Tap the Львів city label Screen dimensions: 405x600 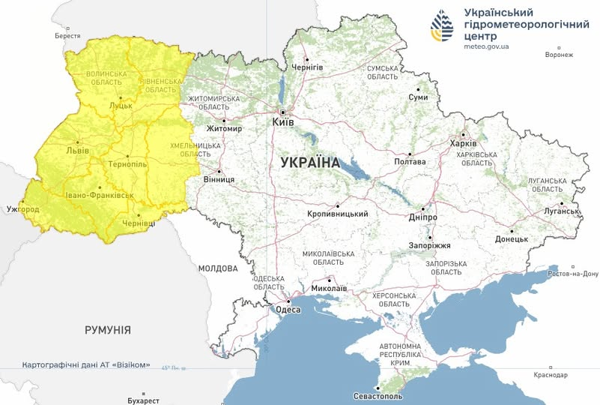pyautogui.click(x=78, y=149)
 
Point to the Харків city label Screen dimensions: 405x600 pyautogui.click(x=462, y=143)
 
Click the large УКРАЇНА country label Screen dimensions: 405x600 pyautogui.click(x=310, y=163)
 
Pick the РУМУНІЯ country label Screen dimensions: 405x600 pyautogui.click(x=108, y=330)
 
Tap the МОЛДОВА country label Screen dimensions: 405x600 pyautogui.click(x=218, y=268)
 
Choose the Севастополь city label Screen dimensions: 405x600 pyautogui.click(x=378, y=395)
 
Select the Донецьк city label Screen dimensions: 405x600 pyautogui.click(x=512, y=238)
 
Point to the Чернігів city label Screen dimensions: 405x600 pyautogui.click(x=307, y=67)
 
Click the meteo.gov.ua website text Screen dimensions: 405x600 pyautogui.click(x=486, y=46)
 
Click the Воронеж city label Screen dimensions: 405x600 pyautogui.click(x=559, y=55)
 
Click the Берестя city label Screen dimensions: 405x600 pyautogui.click(x=67, y=36)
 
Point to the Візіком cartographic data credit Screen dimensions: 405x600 pyautogui.click(x=86, y=365)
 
